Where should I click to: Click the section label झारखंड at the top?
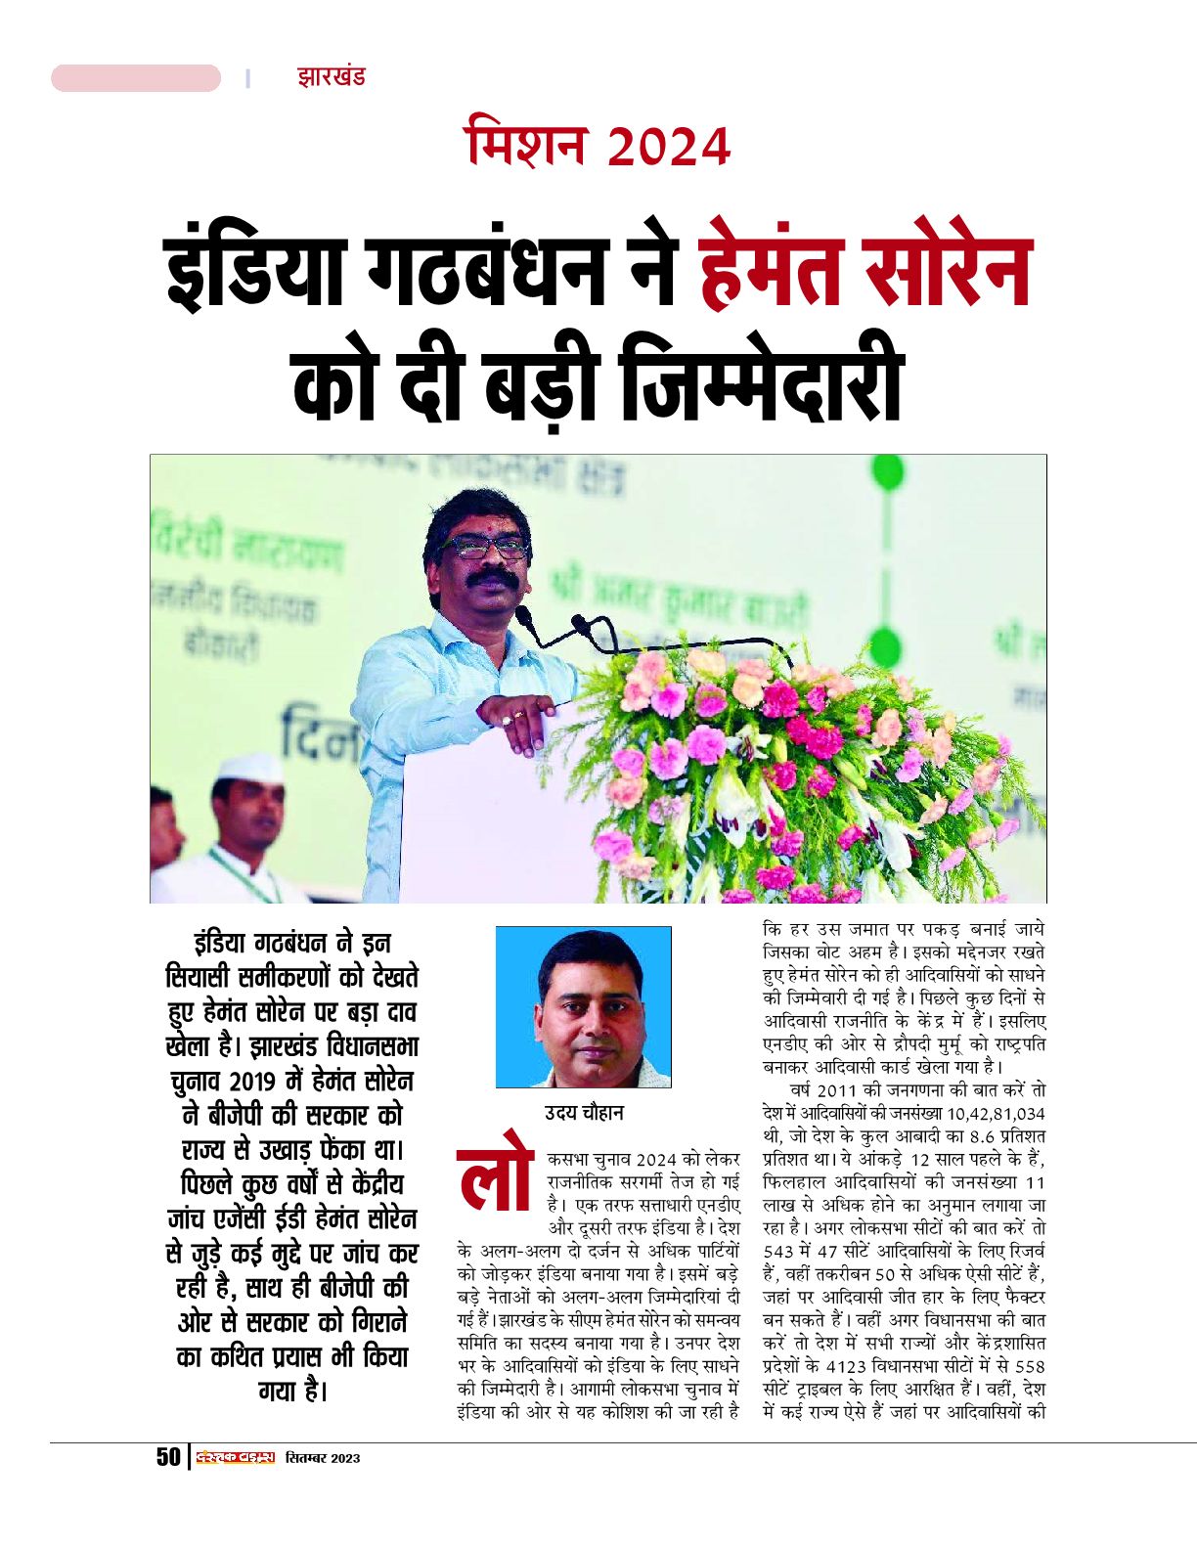click(331, 77)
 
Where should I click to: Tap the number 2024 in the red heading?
click(668, 148)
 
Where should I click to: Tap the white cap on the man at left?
click(249, 770)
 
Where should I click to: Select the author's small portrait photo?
click(583, 1007)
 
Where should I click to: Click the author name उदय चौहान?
click(583, 1113)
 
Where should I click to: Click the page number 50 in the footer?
click(168, 1456)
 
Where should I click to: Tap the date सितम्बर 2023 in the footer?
click(323, 1458)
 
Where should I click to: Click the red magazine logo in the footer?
click(235, 1457)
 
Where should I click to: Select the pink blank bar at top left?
click(136, 78)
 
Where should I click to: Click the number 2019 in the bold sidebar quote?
click(253, 1082)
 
